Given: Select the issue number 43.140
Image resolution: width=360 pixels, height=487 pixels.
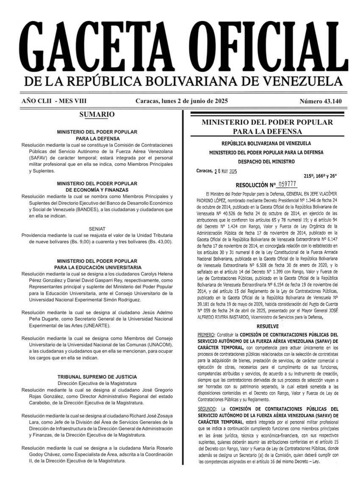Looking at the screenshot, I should point(321,101).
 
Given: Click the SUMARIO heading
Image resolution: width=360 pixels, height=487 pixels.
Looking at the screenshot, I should point(97,114).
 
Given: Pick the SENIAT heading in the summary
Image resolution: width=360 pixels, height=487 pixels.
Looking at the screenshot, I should point(97,228).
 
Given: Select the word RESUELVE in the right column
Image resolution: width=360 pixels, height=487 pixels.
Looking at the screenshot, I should point(267,327).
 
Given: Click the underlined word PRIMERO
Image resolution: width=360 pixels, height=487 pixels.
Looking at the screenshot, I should point(206,335).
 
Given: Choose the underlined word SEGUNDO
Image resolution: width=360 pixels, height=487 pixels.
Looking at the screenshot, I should point(207,409).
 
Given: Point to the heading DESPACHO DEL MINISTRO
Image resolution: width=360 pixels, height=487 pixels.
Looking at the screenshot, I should point(267,161).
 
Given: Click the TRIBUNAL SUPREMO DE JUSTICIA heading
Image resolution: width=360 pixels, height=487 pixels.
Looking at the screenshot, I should point(97,377).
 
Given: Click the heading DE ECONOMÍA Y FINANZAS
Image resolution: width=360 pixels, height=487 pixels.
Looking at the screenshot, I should point(97,190).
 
